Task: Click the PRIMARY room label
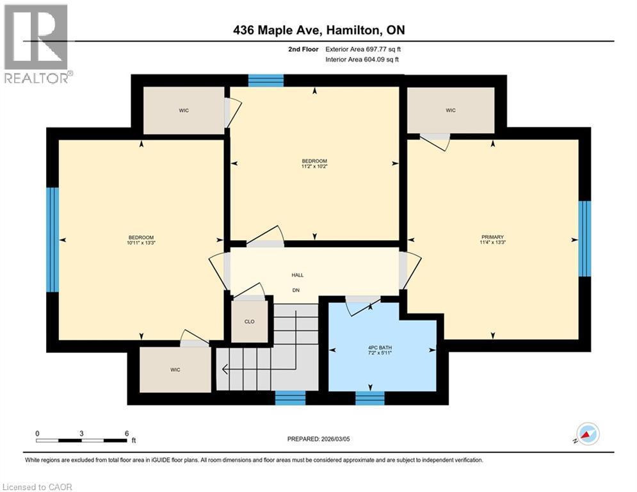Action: tap(493, 236)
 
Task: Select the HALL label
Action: tap(297, 275)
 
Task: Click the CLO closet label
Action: tap(249, 322)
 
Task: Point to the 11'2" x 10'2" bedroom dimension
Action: tap(314, 167)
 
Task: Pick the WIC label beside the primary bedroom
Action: tap(451, 110)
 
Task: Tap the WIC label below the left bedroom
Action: tap(175, 370)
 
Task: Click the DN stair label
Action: tap(296, 290)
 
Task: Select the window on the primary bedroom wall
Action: tap(584, 238)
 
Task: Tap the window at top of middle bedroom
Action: tap(266, 80)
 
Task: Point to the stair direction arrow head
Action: tap(224, 369)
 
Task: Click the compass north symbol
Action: tap(587, 434)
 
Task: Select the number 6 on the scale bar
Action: tap(127, 433)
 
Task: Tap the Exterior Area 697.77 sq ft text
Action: tap(364, 49)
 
